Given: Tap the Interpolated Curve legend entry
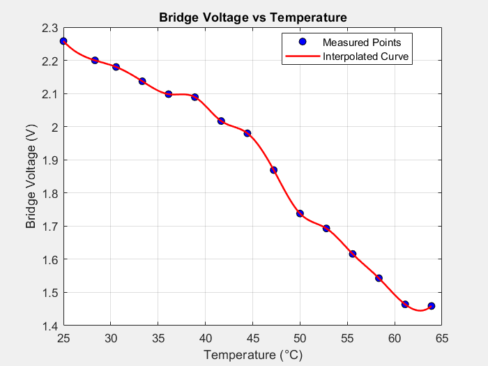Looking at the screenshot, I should [x=366, y=56].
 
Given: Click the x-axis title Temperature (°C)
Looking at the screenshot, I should [x=252, y=355].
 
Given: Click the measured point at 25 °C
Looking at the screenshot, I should [x=63, y=41].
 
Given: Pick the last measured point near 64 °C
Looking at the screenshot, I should [x=432, y=306].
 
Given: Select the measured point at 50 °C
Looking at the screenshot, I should [x=300, y=213].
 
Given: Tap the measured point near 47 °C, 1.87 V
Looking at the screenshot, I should [x=273, y=170].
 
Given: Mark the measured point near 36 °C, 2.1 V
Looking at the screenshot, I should [x=169, y=94].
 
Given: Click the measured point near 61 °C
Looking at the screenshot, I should [x=405, y=304].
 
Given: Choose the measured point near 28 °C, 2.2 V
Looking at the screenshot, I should [x=95, y=61].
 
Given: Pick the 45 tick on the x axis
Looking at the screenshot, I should [x=253, y=338].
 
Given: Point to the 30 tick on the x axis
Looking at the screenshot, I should [x=111, y=338].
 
